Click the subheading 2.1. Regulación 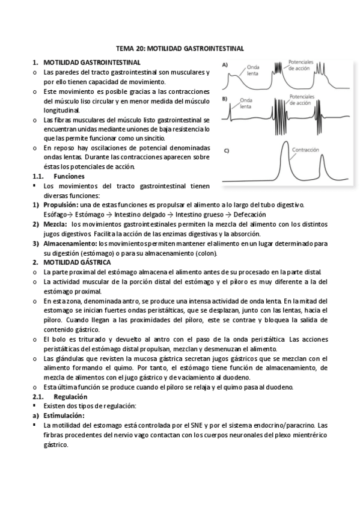(x=71, y=398)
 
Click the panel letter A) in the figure (x=225, y=65)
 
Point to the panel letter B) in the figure (x=225, y=98)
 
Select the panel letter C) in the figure (x=225, y=150)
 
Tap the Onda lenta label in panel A (x=253, y=70)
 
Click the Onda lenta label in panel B (x=245, y=103)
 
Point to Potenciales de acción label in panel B (x=305, y=100)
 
